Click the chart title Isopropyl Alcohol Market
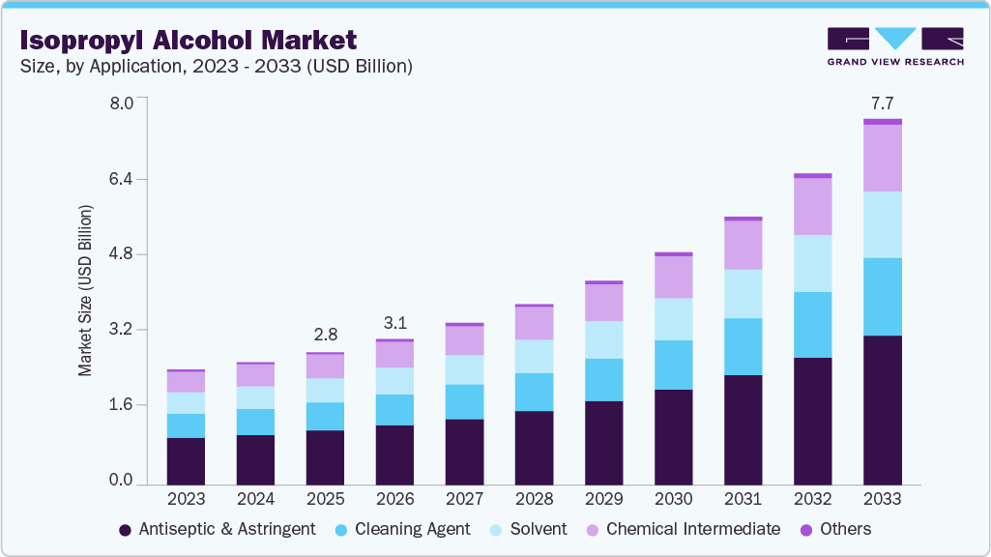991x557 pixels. tap(188, 40)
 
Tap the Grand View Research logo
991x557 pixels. tap(894, 45)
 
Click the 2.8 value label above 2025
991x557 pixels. tap(325, 335)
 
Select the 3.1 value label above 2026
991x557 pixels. tap(394, 322)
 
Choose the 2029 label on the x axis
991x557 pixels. tap(603, 499)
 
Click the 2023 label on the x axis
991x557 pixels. tap(186, 499)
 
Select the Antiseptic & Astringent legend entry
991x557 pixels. tap(217, 529)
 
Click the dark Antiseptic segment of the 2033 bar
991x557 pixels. tap(882, 410)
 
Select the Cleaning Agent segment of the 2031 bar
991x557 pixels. tap(743, 346)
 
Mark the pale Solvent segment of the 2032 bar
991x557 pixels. tap(812, 263)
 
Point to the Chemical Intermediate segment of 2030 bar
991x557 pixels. tap(673, 278)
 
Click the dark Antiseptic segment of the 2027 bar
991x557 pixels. tap(464, 452)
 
